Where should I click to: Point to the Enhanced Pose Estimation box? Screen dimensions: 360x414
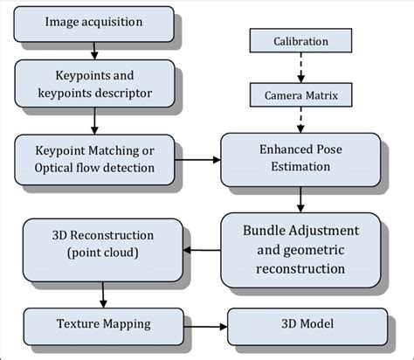[300, 159]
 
